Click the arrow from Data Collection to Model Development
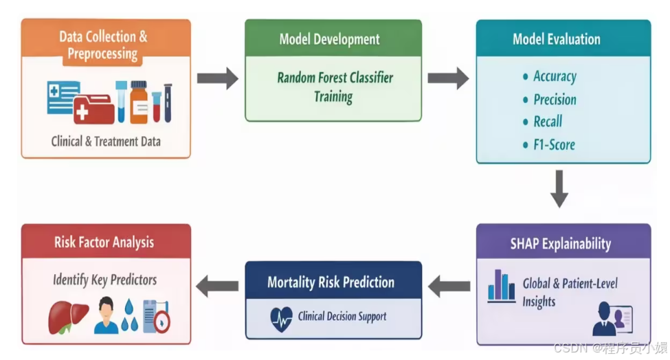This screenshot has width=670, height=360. (218, 78)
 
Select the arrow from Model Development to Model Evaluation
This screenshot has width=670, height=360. (448, 78)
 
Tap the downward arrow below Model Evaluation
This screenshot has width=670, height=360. (559, 189)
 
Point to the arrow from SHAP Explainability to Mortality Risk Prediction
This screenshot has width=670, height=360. (449, 286)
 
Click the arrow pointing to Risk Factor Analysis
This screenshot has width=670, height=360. (217, 286)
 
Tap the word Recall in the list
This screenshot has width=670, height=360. (548, 122)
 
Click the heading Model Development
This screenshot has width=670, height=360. (329, 39)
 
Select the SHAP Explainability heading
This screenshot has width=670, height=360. (561, 244)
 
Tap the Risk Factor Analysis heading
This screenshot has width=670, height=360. (104, 242)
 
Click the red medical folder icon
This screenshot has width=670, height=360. (93, 109)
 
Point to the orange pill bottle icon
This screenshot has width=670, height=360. (139, 102)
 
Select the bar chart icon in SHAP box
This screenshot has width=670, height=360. (501, 286)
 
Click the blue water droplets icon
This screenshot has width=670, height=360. (129, 315)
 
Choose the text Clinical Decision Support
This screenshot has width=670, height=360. (342, 317)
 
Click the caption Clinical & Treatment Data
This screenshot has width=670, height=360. (106, 142)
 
